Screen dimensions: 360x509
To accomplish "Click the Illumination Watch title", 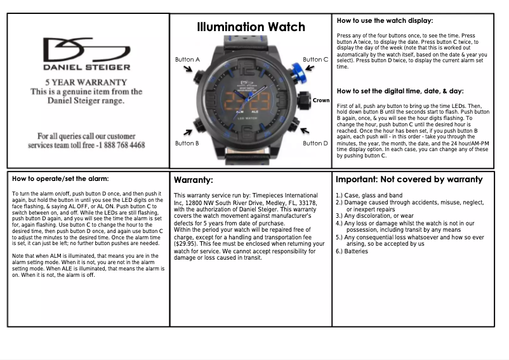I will [251, 27].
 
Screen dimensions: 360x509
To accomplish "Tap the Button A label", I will [187, 60].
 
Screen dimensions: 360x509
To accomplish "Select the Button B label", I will [187, 143].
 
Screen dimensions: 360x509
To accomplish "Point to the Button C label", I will [315, 60].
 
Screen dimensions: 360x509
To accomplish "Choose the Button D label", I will [315, 143].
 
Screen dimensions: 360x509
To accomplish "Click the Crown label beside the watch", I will [321, 100].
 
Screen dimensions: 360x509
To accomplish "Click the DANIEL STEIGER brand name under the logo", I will [86, 67].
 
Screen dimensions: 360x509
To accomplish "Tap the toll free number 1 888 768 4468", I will [120, 145].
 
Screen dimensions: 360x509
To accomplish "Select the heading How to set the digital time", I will [400, 91].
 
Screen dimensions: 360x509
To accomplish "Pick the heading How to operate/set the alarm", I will [60, 178].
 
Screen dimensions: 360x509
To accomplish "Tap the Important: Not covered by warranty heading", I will [409, 180].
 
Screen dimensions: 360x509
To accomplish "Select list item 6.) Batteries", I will [352, 251].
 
